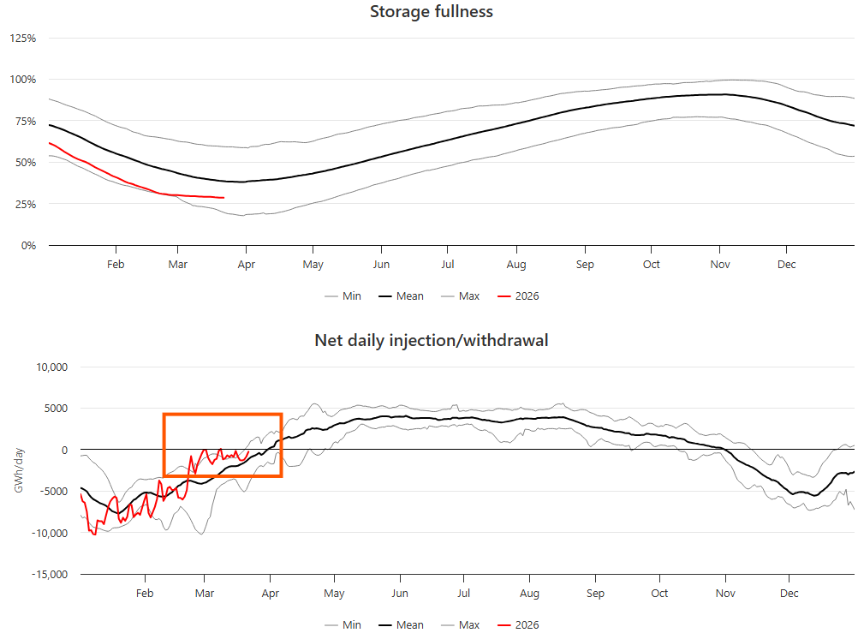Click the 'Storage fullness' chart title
[x=431, y=12]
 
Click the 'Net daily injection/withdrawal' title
[x=431, y=341]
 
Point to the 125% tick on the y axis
[x=22, y=39]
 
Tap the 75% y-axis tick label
[x=25, y=122]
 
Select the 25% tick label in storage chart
[x=25, y=204]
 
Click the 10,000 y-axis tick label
[x=50, y=367]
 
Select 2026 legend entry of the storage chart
[x=519, y=296]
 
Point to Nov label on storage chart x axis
[x=719, y=265]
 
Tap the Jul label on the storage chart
[x=448, y=265]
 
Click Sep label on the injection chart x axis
[x=596, y=594]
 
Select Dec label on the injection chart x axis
[x=789, y=594]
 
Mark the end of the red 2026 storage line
[x=223, y=198]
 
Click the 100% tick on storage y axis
[x=22, y=80]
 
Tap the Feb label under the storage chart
[x=116, y=265]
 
